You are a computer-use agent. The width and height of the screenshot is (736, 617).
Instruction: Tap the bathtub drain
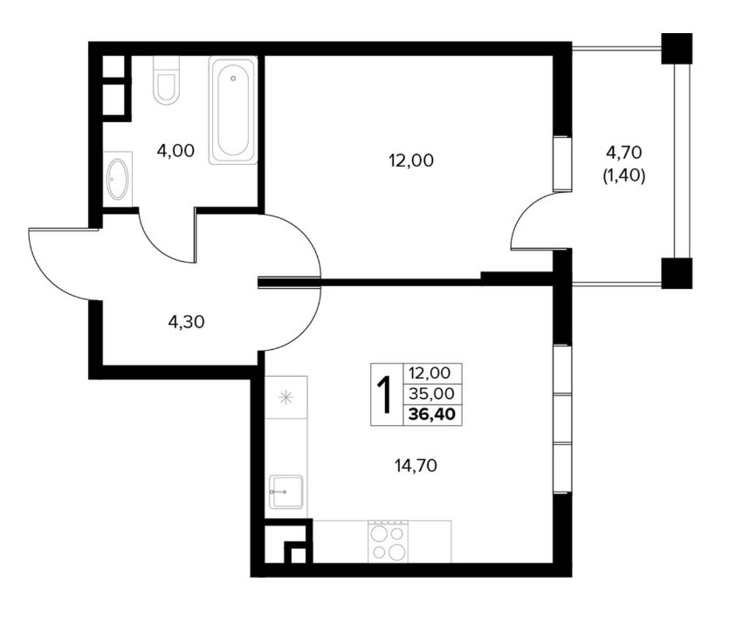pyautogui.click(x=233, y=79)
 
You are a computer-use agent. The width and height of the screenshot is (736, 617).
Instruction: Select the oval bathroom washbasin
pyautogui.click(x=117, y=178)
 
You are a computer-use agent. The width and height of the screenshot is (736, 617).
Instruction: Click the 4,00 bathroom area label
pyautogui.click(x=175, y=151)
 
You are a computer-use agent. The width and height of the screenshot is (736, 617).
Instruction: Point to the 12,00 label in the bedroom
pyautogui.click(x=411, y=161)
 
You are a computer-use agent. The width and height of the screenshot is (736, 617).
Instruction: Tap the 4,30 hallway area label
pyautogui.click(x=186, y=322)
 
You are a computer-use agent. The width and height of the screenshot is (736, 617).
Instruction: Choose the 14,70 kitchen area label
pyautogui.click(x=416, y=465)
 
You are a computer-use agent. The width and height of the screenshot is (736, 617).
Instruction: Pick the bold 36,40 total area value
pyautogui.click(x=432, y=415)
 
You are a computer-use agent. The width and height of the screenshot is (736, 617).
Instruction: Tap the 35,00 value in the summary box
pyautogui.click(x=432, y=394)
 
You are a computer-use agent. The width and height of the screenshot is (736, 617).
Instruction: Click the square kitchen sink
pyautogui.click(x=285, y=491)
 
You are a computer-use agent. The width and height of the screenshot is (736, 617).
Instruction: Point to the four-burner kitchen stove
pyautogui.click(x=388, y=541)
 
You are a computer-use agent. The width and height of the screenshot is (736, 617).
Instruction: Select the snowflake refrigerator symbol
pyautogui.click(x=285, y=398)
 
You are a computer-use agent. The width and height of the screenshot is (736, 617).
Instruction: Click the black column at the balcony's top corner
pyautogui.click(x=677, y=48)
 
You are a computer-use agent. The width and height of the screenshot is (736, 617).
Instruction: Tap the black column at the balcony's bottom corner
pyautogui.click(x=677, y=273)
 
